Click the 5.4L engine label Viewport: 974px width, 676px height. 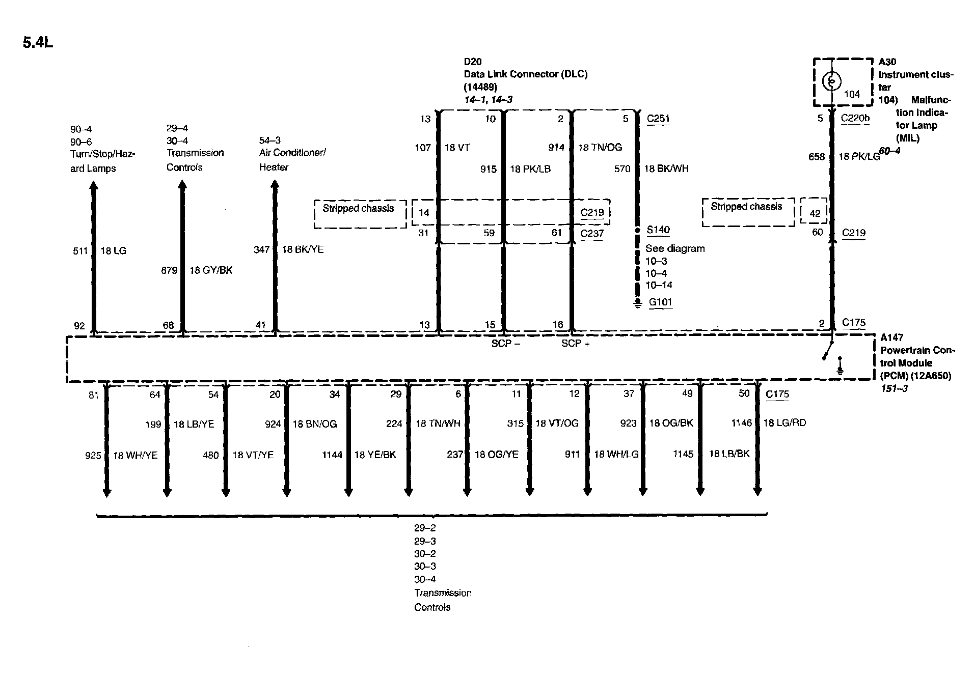(38, 42)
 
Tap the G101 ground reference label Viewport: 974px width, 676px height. (660, 302)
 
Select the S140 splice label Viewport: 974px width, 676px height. (658, 230)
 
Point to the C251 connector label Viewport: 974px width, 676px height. (658, 119)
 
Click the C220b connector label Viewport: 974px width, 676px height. (855, 119)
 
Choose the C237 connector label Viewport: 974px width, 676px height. (592, 234)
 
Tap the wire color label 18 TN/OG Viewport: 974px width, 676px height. (600, 148)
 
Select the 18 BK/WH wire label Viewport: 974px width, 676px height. (666, 169)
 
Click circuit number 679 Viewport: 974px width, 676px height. (169, 270)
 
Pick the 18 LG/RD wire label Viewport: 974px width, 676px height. (784, 423)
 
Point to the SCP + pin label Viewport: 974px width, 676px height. (575, 344)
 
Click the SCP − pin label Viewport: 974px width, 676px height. (505, 344)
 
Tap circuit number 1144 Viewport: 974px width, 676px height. (332, 455)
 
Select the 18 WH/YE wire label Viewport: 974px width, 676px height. (135, 456)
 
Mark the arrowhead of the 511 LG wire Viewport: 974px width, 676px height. (94, 187)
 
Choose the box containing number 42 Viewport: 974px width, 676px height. (814, 211)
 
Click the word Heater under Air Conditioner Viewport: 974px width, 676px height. (274, 167)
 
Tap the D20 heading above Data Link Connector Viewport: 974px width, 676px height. (472, 62)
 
